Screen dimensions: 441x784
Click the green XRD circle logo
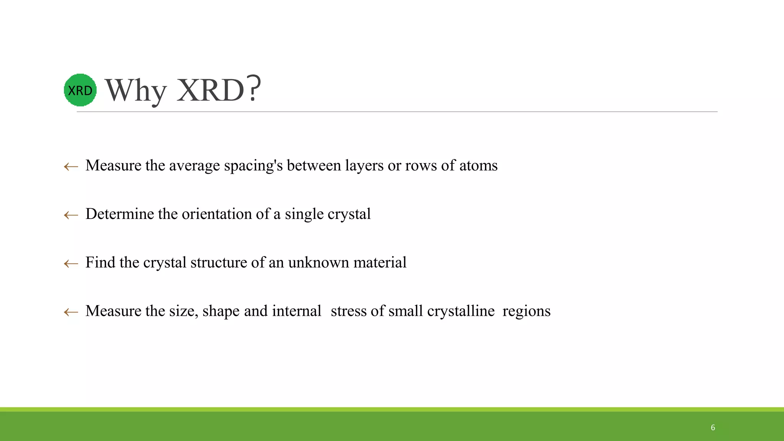click(80, 90)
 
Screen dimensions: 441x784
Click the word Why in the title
click(136, 91)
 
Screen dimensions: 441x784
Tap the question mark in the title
click(254, 89)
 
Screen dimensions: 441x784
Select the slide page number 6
click(713, 428)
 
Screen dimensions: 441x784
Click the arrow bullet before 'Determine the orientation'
click(71, 215)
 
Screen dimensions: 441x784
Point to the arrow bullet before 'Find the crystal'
click(71, 263)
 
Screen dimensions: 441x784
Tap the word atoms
click(478, 165)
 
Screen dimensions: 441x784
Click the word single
click(304, 214)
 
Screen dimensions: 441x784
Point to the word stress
click(348, 311)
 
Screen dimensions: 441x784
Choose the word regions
click(526, 311)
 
